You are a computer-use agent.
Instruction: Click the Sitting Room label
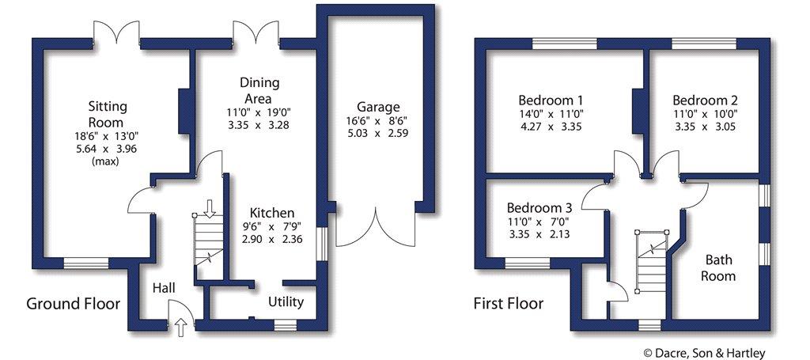pos(107,115)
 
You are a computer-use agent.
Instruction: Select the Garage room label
pos(378,108)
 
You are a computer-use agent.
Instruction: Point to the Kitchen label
pos(272,212)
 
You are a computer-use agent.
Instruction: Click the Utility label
pos(286,301)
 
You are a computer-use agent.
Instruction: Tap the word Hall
pos(165,288)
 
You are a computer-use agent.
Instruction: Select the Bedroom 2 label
pos(705,100)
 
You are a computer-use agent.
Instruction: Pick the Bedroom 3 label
pos(539,208)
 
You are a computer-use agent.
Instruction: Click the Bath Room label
pos(718,267)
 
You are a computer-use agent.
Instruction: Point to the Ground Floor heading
pos(73,303)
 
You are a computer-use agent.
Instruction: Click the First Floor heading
pos(509,303)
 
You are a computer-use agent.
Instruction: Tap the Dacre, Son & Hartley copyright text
pos(705,354)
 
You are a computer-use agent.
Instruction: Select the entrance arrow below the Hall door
pos(181,328)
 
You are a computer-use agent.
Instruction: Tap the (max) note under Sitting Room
pos(106,161)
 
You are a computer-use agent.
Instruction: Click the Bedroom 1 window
pos(565,44)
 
